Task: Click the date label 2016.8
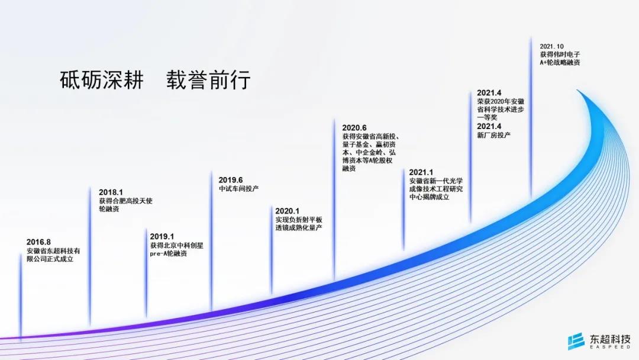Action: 38,242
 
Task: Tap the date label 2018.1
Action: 111,192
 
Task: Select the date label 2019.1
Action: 162,236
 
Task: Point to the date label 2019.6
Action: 231,180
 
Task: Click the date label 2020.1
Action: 288,211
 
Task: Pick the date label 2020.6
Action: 354,128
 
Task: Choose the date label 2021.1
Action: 421,172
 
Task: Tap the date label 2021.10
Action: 552,46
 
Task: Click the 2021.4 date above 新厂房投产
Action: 489,126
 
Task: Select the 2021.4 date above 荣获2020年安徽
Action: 489,93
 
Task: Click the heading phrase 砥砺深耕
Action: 102,80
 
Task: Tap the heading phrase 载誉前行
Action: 208,80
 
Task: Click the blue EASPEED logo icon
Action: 576,342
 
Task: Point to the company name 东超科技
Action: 610,339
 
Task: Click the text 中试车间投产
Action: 239,189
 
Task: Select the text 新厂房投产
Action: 494,135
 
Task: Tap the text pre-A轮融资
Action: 169,253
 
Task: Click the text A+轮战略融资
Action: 560,62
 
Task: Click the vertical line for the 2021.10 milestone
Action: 531,118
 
